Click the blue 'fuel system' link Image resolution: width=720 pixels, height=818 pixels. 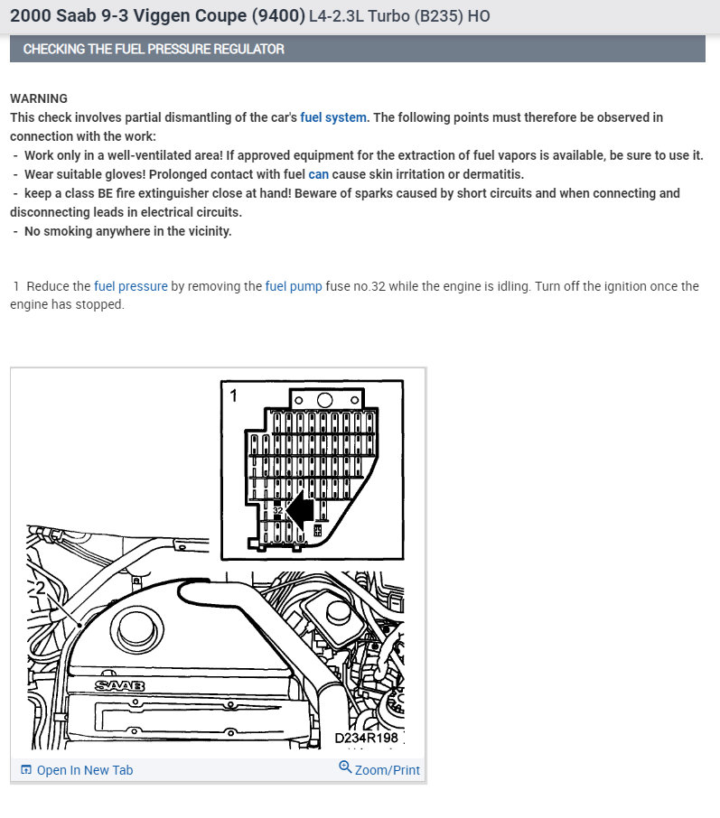click(333, 117)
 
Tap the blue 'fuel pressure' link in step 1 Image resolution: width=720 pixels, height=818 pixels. click(131, 286)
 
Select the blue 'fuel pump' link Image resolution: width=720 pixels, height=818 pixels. click(294, 286)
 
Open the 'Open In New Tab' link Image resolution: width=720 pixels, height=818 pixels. click(84, 770)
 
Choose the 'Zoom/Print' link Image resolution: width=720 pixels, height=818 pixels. click(388, 770)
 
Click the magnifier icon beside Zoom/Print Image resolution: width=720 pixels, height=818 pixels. click(345, 767)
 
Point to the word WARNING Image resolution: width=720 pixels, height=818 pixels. click(39, 98)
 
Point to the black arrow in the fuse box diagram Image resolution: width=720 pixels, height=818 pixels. click(300, 510)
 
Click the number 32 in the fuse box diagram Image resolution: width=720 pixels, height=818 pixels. click(278, 511)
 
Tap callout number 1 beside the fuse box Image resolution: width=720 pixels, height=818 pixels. click(234, 395)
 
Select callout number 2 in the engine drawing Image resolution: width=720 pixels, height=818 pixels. click(40, 588)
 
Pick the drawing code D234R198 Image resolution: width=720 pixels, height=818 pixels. click(366, 739)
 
